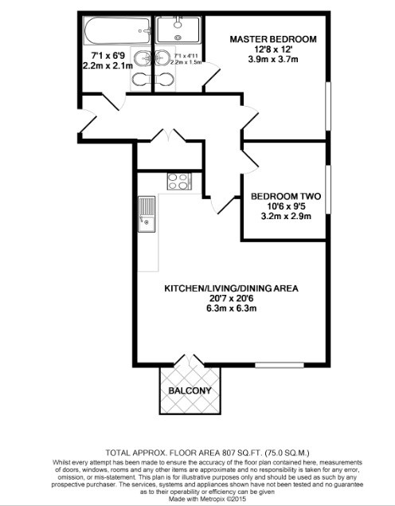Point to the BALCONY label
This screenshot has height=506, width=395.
[x=190, y=390]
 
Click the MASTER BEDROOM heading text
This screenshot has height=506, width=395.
[x=273, y=39]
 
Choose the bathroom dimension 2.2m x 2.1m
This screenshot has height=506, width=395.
[x=103, y=67]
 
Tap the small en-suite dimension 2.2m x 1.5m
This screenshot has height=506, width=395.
[x=186, y=61]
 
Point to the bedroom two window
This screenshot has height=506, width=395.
[x=327, y=190]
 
